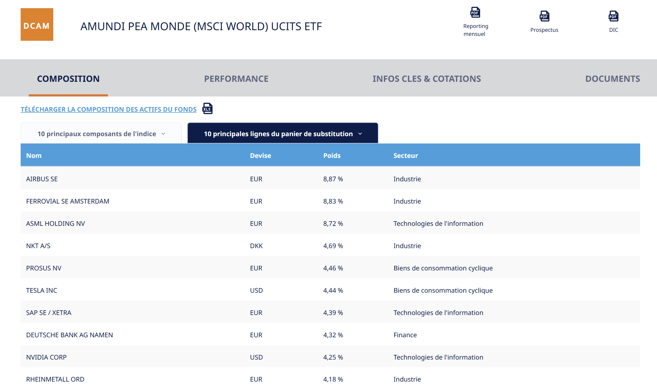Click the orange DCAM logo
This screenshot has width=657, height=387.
coord(37,24)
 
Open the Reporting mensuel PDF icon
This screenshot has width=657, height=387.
coord(475,13)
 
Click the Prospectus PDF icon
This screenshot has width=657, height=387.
coord(544,16)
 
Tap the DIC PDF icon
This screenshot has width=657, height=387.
coord(613,16)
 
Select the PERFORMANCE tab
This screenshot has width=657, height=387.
coord(236,79)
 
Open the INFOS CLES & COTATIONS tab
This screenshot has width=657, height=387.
coord(427,79)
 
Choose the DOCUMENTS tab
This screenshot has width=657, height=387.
coord(612,79)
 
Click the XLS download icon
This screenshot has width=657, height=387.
coord(207,109)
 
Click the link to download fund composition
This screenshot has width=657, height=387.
coord(108,109)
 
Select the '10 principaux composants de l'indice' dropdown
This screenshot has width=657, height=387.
coord(101,134)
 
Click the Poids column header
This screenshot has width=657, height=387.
coord(332,155)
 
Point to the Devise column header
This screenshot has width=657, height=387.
coord(260,155)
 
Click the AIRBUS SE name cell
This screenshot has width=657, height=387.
coord(42,179)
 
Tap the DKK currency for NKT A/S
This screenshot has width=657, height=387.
coord(256,246)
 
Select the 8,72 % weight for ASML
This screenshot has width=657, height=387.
coord(333,224)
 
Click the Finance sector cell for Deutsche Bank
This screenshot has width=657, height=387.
coord(405,335)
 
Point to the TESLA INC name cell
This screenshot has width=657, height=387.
coord(42,291)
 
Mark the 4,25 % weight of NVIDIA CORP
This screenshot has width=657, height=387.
coord(333,357)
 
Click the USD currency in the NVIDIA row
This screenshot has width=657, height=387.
coord(256,357)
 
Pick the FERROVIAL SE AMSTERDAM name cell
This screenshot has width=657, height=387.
coord(68,201)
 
